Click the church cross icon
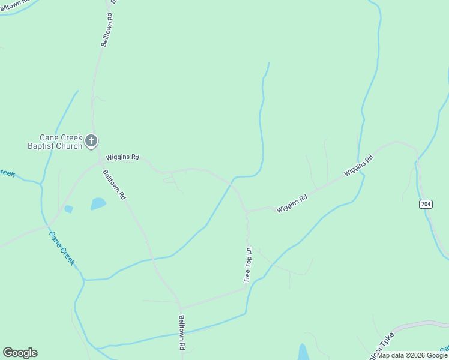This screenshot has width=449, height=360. [x=91, y=141]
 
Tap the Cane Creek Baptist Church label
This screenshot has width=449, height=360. [x=55, y=142]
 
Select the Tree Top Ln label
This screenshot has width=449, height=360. [x=247, y=265]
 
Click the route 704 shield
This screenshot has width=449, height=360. [x=425, y=205]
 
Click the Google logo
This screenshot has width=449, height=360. [x=20, y=353]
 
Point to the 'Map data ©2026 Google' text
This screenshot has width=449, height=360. [x=412, y=355]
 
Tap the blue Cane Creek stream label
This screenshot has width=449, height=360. [x=62, y=248]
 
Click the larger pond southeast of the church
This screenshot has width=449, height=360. [x=98, y=204]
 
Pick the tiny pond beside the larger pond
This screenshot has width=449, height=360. [x=68, y=209]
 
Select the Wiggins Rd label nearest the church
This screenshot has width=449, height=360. [x=122, y=158]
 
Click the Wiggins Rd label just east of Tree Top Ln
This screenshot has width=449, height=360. [x=292, y=203]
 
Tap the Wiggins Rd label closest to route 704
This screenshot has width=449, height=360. [x=358, y=166]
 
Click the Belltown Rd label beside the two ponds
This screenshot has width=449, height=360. [x=114, y=184]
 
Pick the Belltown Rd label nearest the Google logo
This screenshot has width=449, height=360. [x=181, y=333]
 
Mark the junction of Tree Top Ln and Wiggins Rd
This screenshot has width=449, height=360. [x=246, y=212]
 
